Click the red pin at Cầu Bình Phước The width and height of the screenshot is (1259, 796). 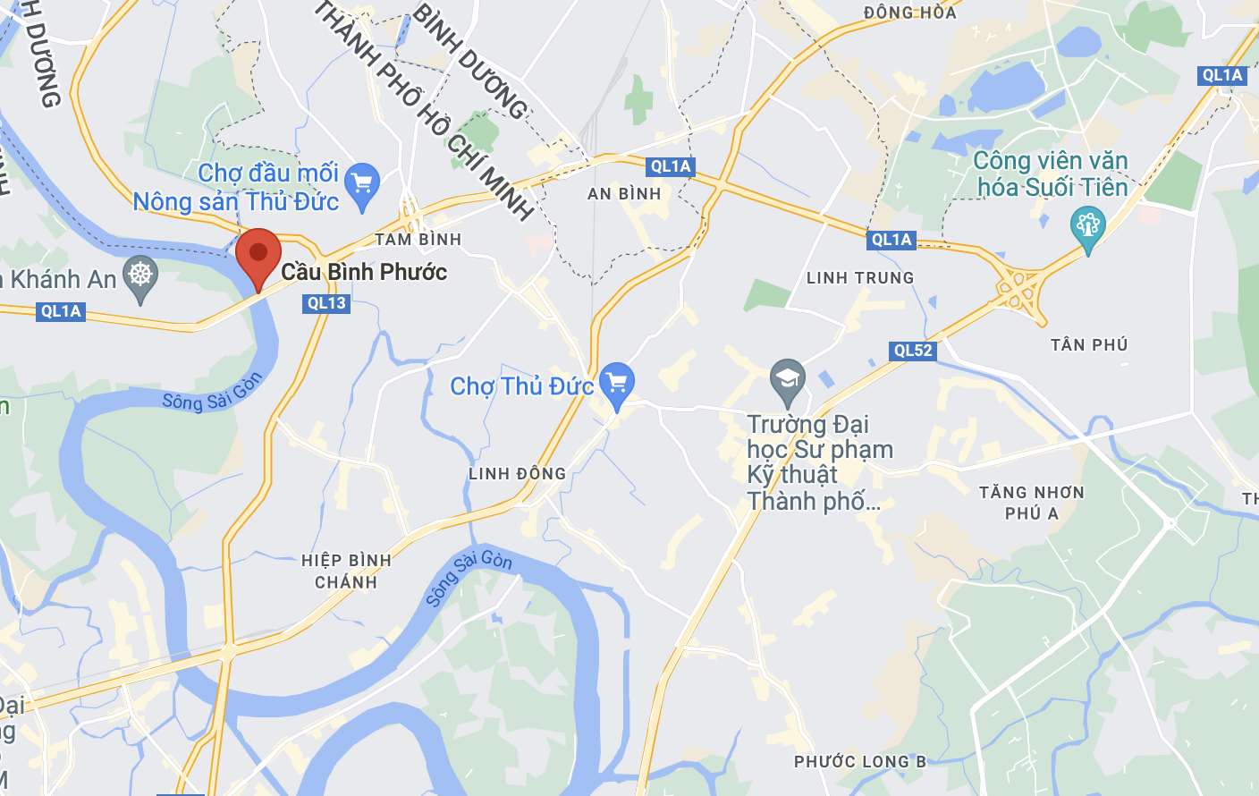(x=258, y=255)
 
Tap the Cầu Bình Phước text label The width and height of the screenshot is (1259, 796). (x=364, y=272)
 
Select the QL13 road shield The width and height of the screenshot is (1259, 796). (x=326, y=303)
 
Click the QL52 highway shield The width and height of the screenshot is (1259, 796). (x=913, y=351)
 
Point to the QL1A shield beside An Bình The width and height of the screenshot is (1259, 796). (x=671, y=166)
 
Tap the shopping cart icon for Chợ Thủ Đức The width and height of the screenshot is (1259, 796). (x=616, y=383)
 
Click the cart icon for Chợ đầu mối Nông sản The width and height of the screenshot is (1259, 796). (x=362, y=185)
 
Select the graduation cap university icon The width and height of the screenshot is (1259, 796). (x=788, y=379)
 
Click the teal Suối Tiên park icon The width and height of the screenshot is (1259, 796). (x=1088, y=226)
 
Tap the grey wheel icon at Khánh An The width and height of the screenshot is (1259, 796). (x=140, y=275)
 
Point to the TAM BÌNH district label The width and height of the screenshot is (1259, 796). (x=418, y=240)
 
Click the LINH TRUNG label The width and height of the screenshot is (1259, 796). (x=860, y=278)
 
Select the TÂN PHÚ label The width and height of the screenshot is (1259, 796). (x=1089, y=345)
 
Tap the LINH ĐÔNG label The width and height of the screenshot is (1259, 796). (x=517, y=474)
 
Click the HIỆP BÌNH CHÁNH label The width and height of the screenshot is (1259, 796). (x=346, y=572)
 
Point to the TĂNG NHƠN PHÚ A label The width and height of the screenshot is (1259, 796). (x=1032, y=503)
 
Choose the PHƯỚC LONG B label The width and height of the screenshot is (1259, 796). (x=860, y=762)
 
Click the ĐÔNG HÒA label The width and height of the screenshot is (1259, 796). (x=909, y=13)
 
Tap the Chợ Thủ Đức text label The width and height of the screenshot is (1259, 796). (x=521, y=386)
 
